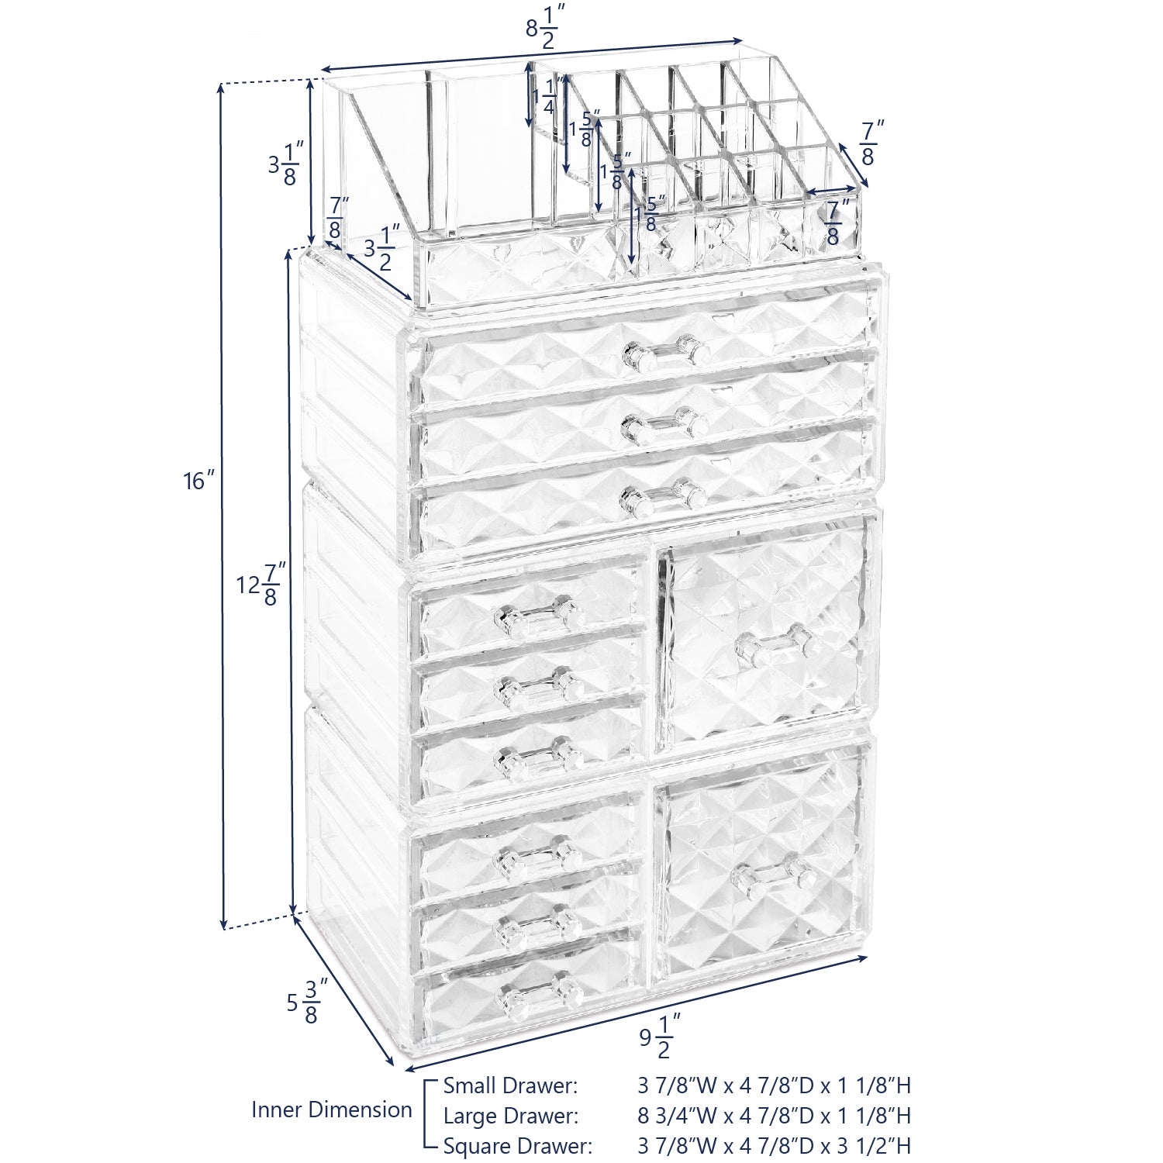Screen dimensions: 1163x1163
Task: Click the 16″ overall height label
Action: pyautogui.click(x=198, y=481)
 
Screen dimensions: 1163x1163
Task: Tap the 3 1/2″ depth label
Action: pyautogui.click(x=381, y=247)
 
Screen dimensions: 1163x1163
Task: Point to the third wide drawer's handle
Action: pyautogui.click(x=662, y=497)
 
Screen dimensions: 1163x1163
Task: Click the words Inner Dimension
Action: pyautogui.click(x=332, y=1110)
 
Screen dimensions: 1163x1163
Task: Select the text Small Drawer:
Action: pyautogui.click(x=510, y=1085)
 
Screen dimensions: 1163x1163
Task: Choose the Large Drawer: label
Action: pyautogui.click(x=511, y=1116)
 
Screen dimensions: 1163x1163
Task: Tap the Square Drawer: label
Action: pyautogui.click(x=518, y=1146)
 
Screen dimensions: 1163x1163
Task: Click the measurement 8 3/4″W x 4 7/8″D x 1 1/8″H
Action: pyautogui.click(x=774, y=1116)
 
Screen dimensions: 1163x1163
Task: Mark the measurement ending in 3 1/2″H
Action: pyautogui.click(x=774, y=1146)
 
